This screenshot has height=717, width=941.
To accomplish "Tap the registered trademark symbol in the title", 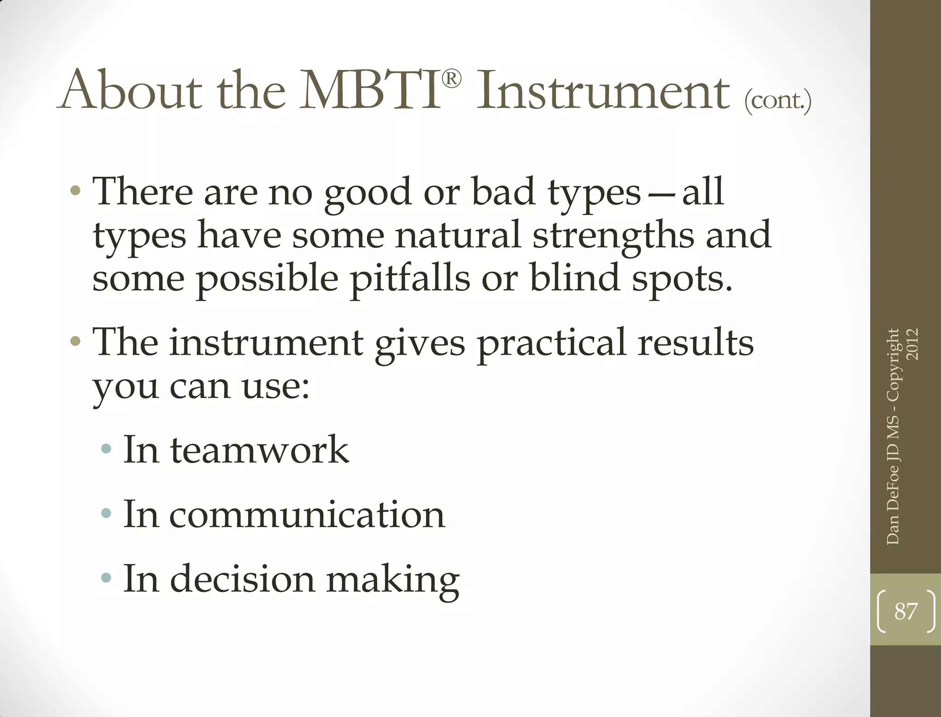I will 452,80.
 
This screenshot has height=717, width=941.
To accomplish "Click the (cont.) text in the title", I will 777,99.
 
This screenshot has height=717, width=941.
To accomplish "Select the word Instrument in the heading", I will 603,90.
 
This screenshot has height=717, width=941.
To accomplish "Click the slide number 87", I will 906,611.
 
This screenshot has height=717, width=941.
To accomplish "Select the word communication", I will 307,514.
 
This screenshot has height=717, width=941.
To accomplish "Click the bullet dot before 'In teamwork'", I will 106,449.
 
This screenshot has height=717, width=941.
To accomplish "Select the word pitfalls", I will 410,279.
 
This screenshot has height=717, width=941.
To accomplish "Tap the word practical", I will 551,343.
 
